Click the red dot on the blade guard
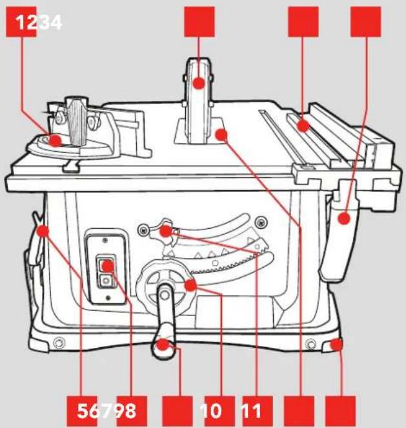[199, 83]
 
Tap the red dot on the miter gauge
[56, 140]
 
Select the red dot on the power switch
[108, 266]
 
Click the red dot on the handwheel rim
[190, 285]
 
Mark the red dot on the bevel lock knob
[166, 231]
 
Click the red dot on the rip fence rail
[303, 126]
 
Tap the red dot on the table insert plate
[221, 134]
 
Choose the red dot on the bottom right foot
[336, 345]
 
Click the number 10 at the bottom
[210, 411]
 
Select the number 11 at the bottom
[251, 411]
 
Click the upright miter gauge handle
[77, 120]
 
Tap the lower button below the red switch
[105, 281]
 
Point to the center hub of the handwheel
[165, 295]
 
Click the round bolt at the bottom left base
[58, 342]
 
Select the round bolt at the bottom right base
[311, 345]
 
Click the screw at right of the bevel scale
[261, 222]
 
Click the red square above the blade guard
[199, 22]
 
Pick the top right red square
[365, 22]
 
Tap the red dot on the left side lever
[43, 231]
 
